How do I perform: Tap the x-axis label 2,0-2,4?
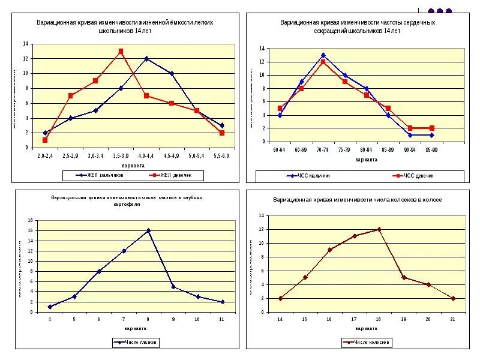pyautogui.click(x=45, y=156)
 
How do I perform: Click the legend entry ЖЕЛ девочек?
pyautogui.click(x=174, y=176)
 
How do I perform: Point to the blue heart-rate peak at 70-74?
pyautogui.click(x=323, y=55)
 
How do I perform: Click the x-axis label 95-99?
pyautogui.click(x=431, y=149)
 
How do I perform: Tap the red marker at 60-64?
pyautogui.click(x=280, y=109)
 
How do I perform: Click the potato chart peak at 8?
pyautogui.click(x=148, y=230)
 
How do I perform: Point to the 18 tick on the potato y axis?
pyautogui.click(x=30, y=221)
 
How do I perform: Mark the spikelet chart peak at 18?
pyautogui.click(x=379, y=229)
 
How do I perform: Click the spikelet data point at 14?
pyautogui.click(x=280, y=298)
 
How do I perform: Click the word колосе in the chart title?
pyautogui.click(x=430, y=199)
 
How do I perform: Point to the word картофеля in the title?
pyautogui.click(x=127, y=205)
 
